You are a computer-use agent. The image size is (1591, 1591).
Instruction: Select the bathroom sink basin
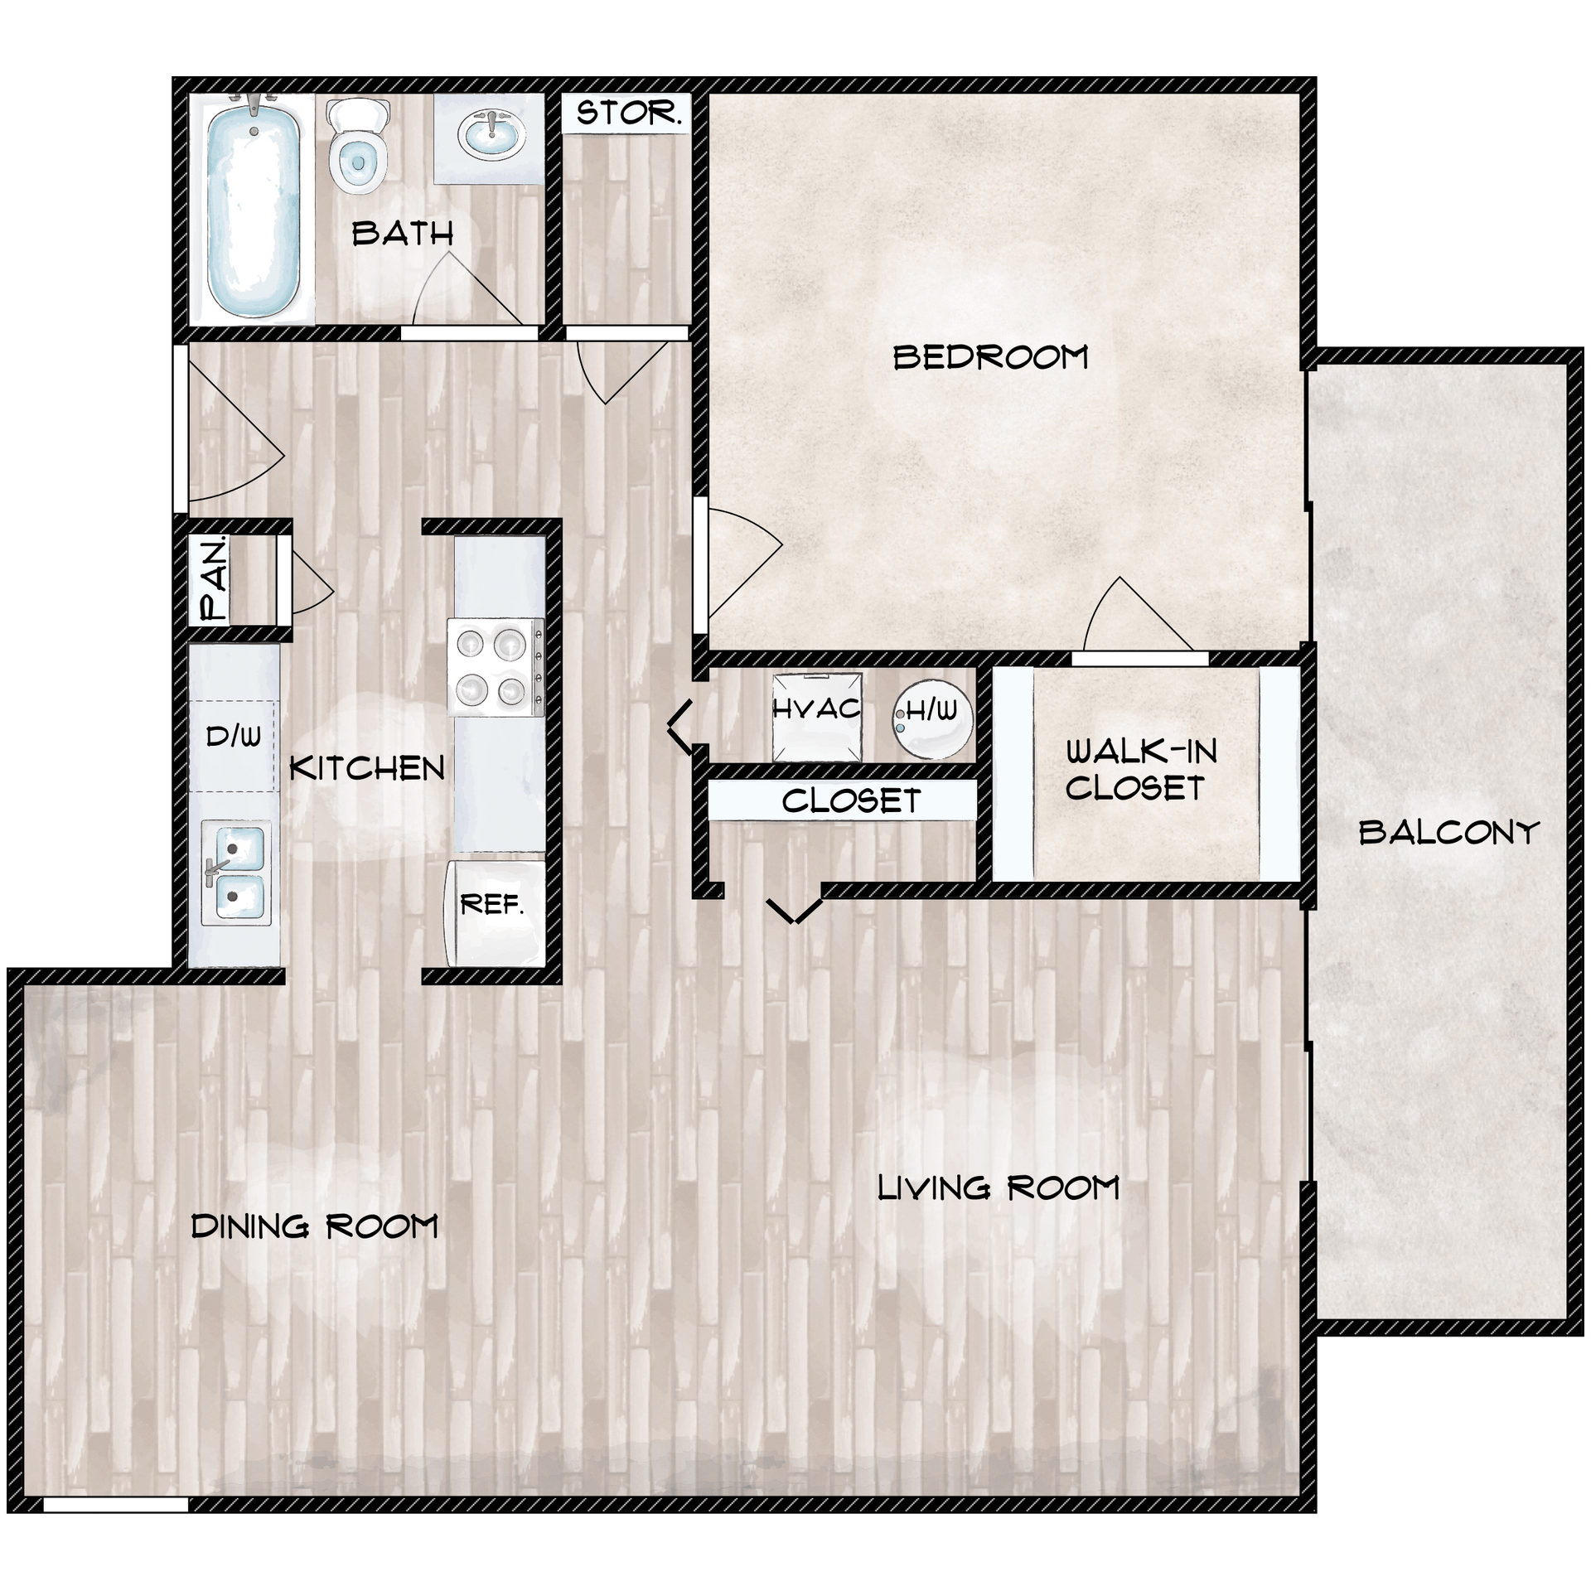point(491,133)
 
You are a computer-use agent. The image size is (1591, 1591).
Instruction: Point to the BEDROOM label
point(990,358)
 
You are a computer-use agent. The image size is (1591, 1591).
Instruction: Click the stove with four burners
point(496,667)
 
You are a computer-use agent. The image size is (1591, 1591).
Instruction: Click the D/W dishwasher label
point(233,736)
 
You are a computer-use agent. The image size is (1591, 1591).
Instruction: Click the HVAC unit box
point(817,717)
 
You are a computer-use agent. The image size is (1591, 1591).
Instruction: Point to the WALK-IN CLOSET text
point(1140,771)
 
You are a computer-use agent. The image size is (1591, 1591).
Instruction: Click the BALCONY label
point(1448,832)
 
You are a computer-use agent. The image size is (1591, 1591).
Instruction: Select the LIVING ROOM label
point(998,1188)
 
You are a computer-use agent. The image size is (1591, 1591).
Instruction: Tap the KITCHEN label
point(367,769)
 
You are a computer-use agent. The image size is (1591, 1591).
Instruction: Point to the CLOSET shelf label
point(851,801)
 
